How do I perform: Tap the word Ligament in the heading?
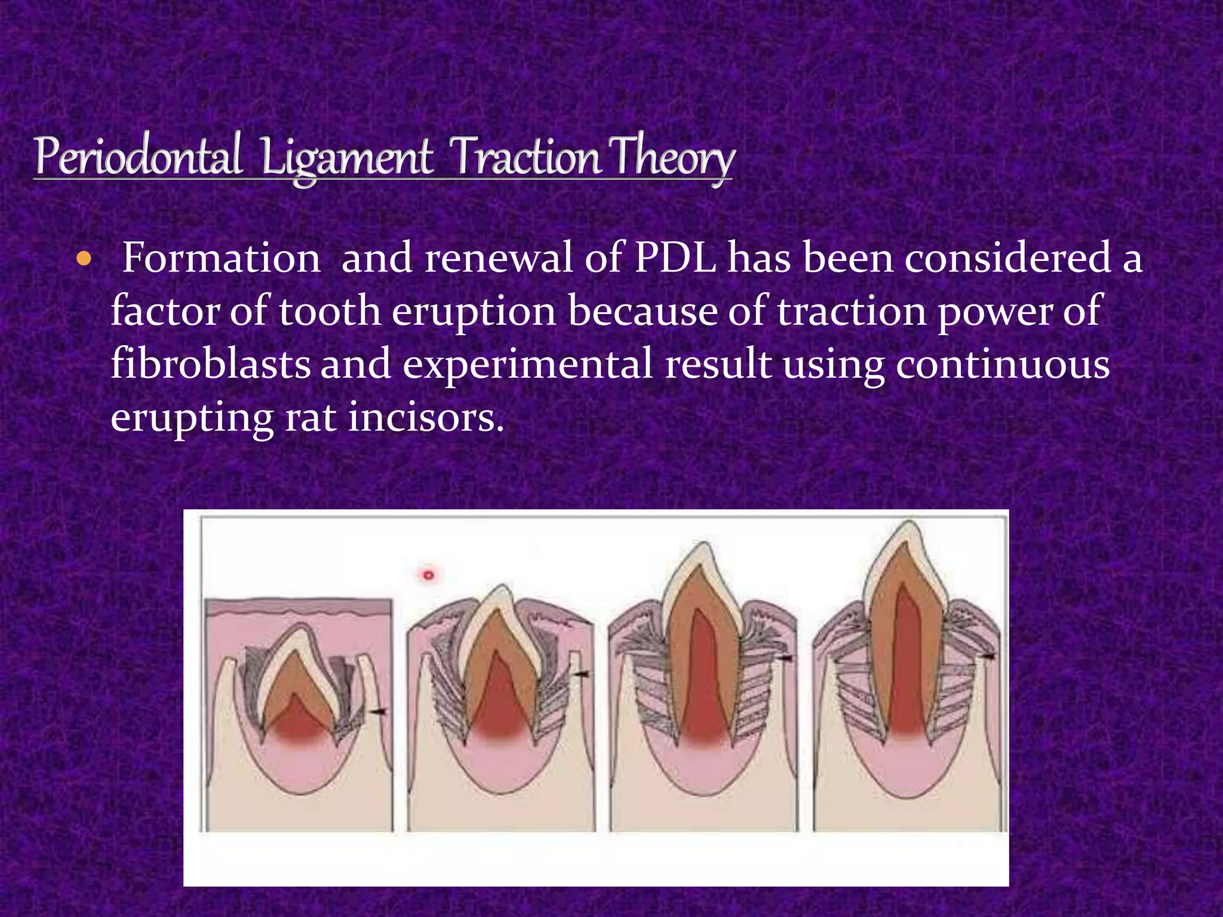(346, 158)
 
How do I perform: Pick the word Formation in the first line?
(221, 259)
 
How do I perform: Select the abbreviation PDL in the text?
(675, 259)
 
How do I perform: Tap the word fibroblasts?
(210, 364)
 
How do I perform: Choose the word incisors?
(426, 417)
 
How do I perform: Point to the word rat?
(310, 417)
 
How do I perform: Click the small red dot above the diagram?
(428, 575)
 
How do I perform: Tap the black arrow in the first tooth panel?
(378, 711)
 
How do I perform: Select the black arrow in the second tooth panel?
(580, 673)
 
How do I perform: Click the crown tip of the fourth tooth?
(909, 525)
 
